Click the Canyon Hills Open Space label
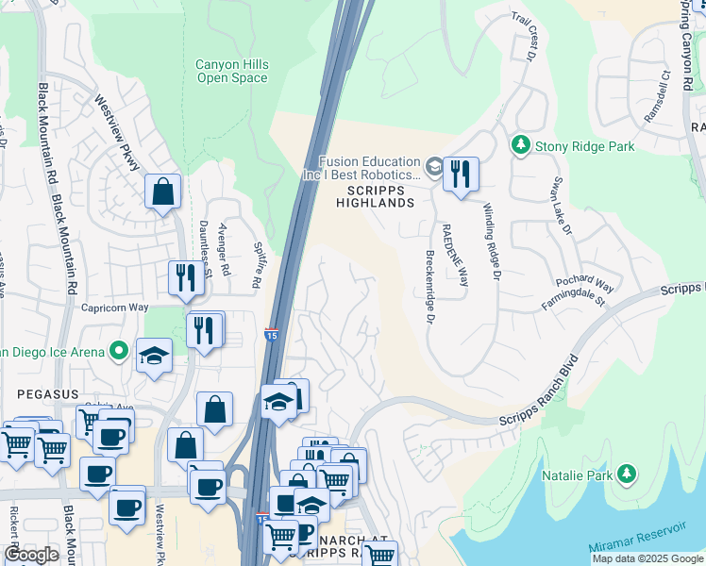click(x=231, y=71)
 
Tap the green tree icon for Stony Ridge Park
click(x=519, y=145)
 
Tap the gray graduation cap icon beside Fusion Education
click(x=433, y=168)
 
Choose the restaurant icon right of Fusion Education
click(x=461, y=175)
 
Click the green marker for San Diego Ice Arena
click(x=118, y=352)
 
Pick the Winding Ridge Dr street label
click(x=490, y=241)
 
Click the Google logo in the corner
click(x=32, y=555)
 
